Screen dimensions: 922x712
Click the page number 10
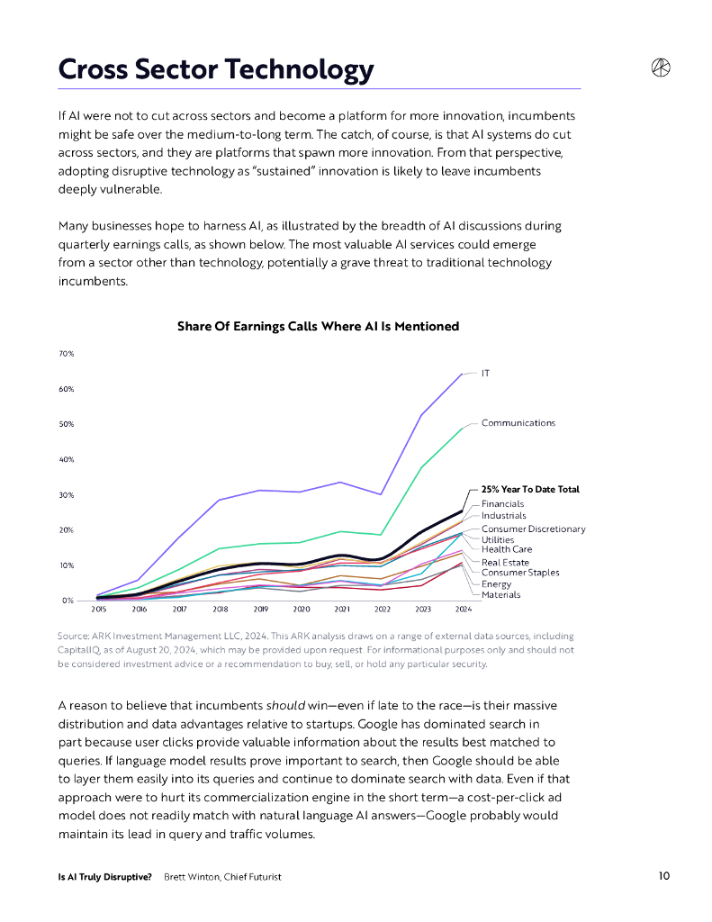point(663,876)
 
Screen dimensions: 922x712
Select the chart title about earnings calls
point(318,326)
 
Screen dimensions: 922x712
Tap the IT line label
point(485,372)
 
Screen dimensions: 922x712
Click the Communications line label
point(518,423)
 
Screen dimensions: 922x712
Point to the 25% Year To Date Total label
point(530,489)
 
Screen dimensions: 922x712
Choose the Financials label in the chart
point(502,503)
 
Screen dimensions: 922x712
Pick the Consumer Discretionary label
point(533,529)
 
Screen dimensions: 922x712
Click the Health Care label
point(506,549)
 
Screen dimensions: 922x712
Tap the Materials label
point(500,594)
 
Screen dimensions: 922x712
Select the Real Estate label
point(505,562)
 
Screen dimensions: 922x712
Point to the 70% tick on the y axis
point(67,354)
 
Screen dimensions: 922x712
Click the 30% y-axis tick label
point(67,495)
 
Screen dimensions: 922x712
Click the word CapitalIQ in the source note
point(79,649)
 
